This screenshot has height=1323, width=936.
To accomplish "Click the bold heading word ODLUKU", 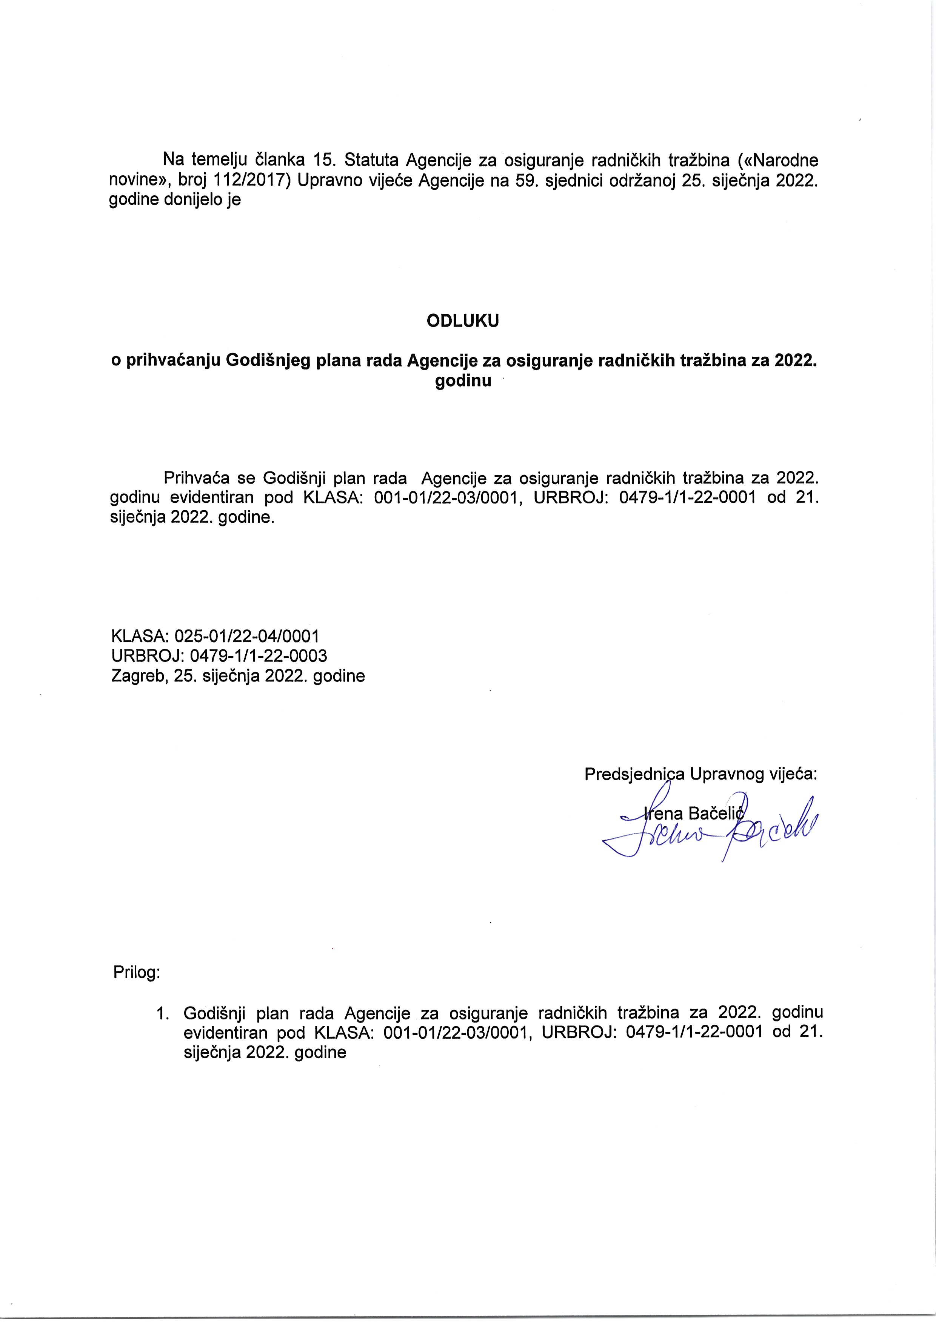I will (x=462, y=321).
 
